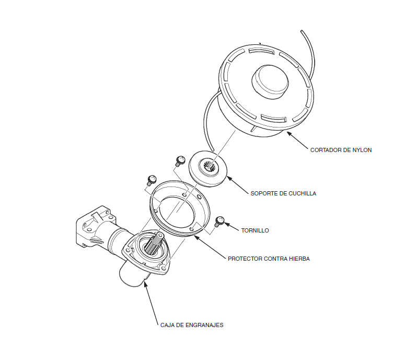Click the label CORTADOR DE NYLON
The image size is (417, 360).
click(x=341, y=150)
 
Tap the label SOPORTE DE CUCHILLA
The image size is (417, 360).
click(x=283, y=193)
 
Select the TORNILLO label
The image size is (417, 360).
click(x=255, y=230)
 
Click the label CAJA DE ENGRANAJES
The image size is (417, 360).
click(x=192, y=325)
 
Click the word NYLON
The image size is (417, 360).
click(x=362, y=150)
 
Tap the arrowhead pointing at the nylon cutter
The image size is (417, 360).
click(x=288, y=134)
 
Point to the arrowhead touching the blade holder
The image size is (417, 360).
click(x=228, y=178)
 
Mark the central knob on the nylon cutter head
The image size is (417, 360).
click(x=270, y=82)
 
